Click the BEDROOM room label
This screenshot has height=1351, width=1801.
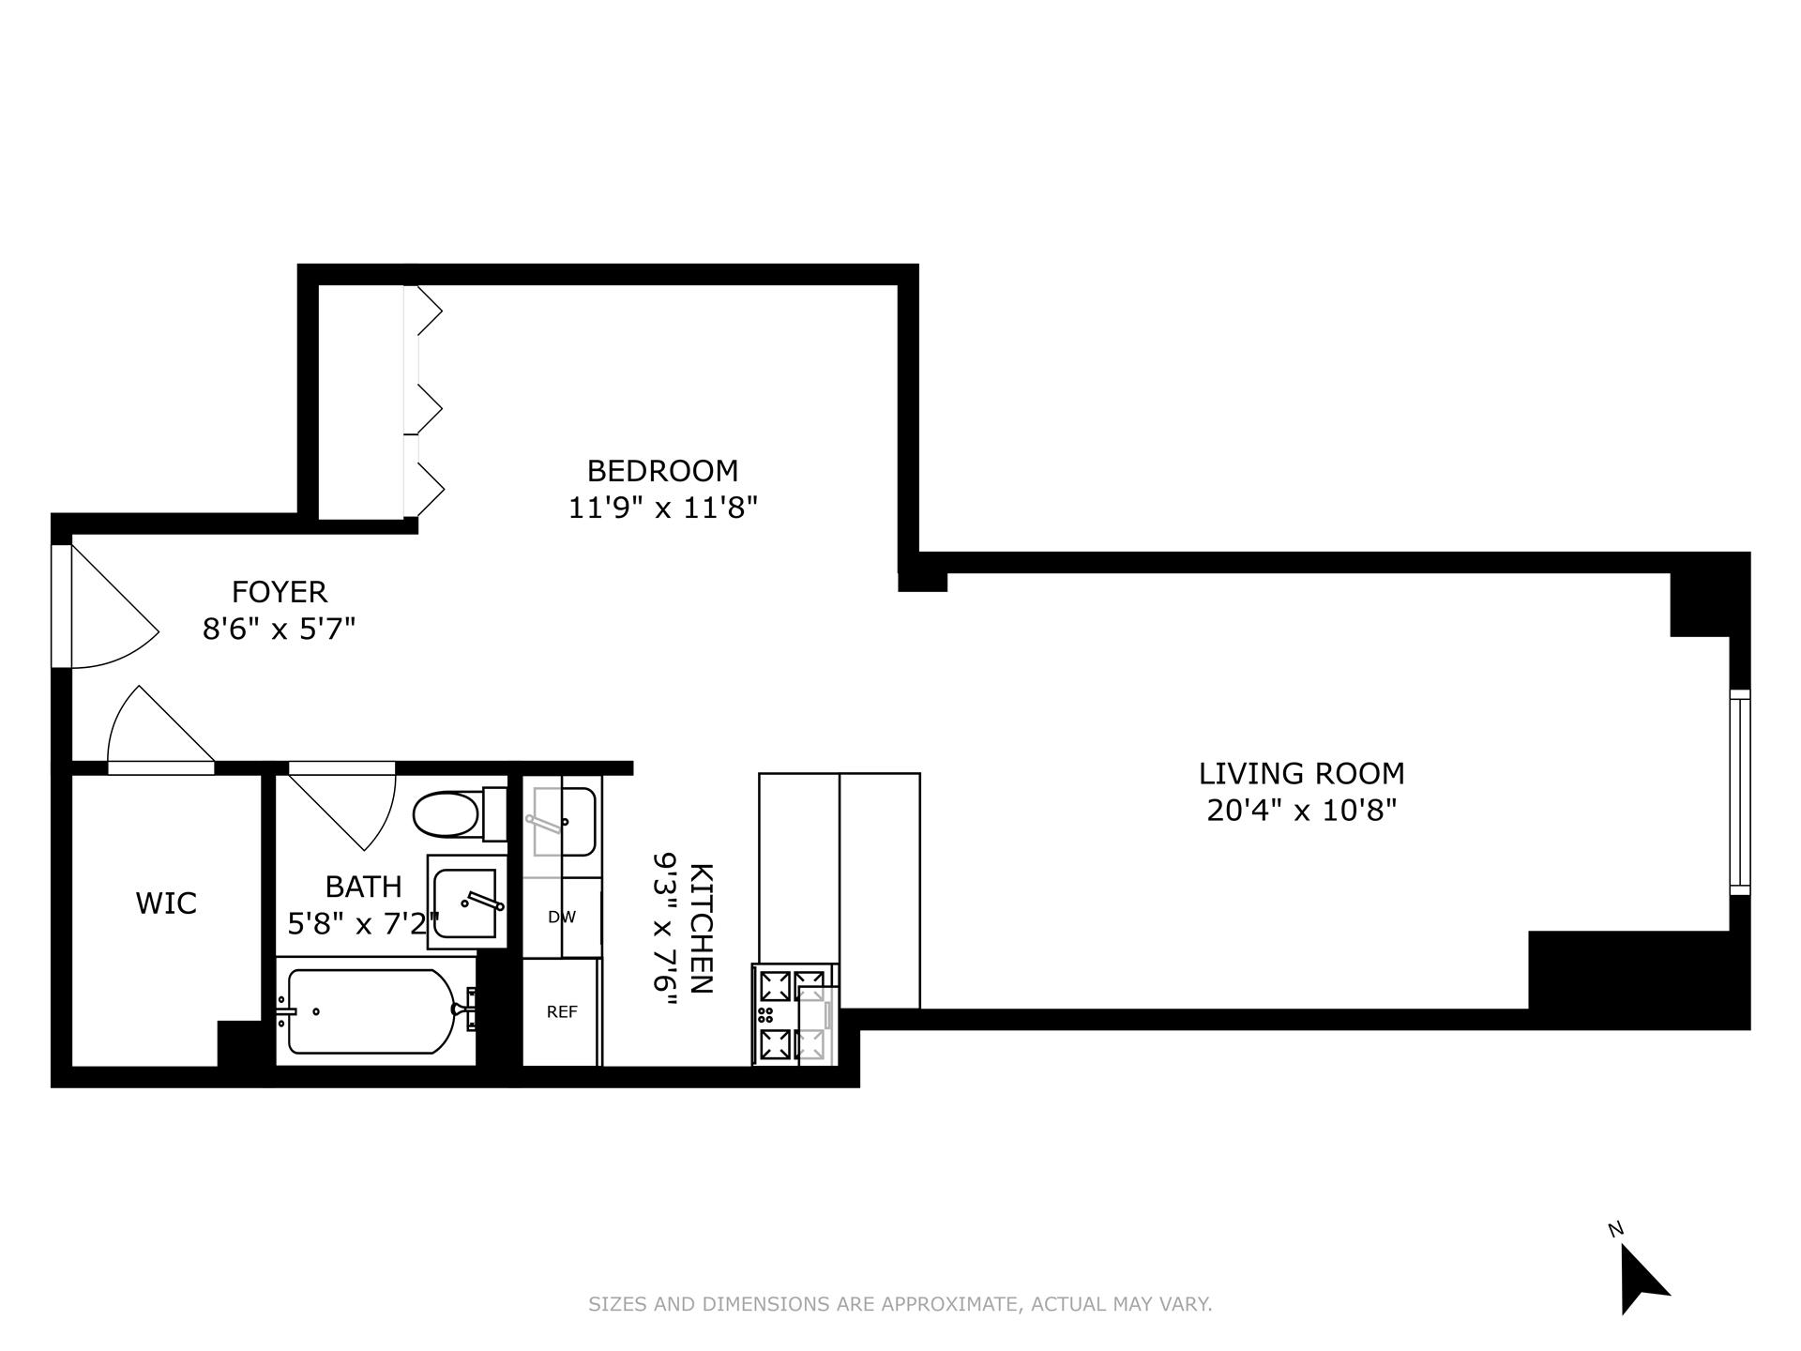(662, 470)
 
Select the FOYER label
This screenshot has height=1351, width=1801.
(279, 592)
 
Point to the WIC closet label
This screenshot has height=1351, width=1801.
(166, 903)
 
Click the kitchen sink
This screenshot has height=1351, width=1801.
(563, 822)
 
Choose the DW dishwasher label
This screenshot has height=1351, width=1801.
(562, 918)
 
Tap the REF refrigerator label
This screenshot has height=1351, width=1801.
(562, 1011)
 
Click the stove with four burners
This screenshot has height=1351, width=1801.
(794, 1014)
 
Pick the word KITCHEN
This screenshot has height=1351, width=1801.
(702, 928)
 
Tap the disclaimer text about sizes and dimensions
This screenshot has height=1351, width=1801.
(900, 1304)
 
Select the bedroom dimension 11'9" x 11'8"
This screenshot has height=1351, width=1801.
(662, 509)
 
